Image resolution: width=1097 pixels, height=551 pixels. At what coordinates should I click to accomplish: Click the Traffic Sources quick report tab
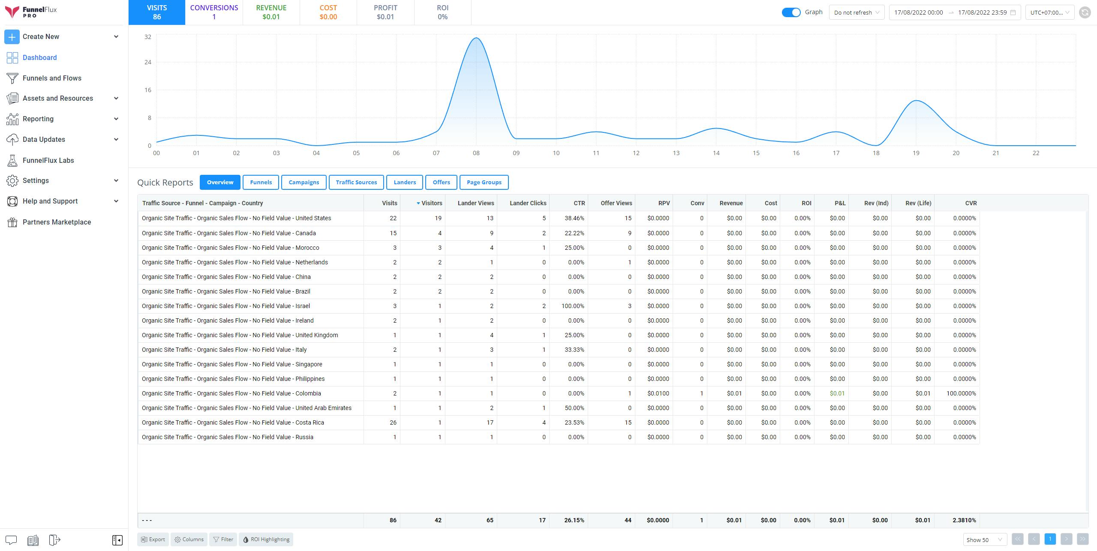[x=356, y=182]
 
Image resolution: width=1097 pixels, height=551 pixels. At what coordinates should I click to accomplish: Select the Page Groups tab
[x=484, y=182]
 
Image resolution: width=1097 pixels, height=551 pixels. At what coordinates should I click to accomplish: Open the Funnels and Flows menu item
[x=52, y=78]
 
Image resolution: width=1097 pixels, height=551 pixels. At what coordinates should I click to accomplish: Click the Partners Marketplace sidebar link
[x=57, y=222]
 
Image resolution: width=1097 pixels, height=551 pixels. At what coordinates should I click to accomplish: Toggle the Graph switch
[x=791, y=12]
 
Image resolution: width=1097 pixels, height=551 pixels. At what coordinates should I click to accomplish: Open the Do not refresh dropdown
[x=857, y=12]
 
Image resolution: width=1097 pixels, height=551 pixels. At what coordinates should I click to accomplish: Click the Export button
[x=153, y=539]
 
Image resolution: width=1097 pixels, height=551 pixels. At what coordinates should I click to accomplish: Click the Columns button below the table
[x=189, y=539]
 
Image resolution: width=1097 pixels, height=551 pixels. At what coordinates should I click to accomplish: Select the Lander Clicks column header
[x=528, y=203]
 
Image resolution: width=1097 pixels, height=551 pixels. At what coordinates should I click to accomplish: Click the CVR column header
[x=971, y=203]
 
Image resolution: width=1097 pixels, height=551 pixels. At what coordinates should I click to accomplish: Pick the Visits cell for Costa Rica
[x=393, y=422]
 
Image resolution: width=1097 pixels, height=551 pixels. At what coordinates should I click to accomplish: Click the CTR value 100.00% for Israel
[x=573, y=306]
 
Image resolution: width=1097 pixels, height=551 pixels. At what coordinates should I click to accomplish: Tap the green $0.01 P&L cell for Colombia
[x=837, y=393]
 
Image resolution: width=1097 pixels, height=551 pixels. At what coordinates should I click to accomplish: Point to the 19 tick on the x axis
[x=916, y=153]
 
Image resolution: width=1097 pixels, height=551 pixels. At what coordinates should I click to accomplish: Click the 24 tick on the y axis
[x=148, y=62]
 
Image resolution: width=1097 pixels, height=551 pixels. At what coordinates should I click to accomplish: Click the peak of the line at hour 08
[x=476, y=38]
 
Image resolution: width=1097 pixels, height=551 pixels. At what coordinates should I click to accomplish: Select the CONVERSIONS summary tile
[x=214, y=12]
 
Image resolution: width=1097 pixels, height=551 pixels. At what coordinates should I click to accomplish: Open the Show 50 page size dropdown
[x=984, y=539]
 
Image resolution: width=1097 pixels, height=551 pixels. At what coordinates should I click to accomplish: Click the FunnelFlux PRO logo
[x=31, y=12]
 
